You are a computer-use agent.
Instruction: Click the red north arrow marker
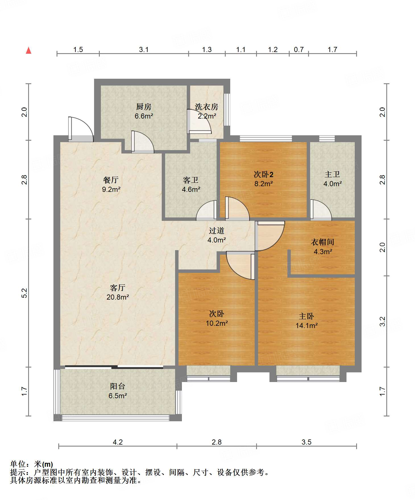click(x=28, y=50)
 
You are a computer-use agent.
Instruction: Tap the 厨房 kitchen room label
click(x=144, y=107)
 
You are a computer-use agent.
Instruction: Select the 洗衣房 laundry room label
click(x=207, y=107)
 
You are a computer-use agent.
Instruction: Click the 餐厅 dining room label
click(x=111, y=180)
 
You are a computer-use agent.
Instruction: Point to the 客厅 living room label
click(x=118, y=288)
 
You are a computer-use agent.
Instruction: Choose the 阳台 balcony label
click(x=118, y=386)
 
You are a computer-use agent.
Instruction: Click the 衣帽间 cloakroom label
click(x=323, y=242)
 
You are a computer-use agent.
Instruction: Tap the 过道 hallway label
click(x=217, y=231)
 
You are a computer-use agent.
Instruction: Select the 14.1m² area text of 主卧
click(x=306, y=326)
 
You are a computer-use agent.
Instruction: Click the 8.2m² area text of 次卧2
click(x=264, y=184)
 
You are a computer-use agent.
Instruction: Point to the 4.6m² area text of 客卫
click(x=191, y=189)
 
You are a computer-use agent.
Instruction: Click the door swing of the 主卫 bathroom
click(x=321, y=210)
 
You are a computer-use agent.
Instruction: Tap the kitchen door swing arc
click(x=143, y=142)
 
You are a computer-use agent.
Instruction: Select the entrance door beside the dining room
click(x=81, y=129)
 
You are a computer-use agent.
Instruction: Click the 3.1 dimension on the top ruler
click(x=144, y=50)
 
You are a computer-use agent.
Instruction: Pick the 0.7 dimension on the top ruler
click(x=299, y=50)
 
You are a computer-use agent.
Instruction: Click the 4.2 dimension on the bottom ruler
click(x=118, y=442)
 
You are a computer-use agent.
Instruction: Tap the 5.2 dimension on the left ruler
click(x=24, y=293)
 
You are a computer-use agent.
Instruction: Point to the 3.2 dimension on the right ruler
click(x=383, y=321)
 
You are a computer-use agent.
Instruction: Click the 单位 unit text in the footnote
click(x=18, y=464)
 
